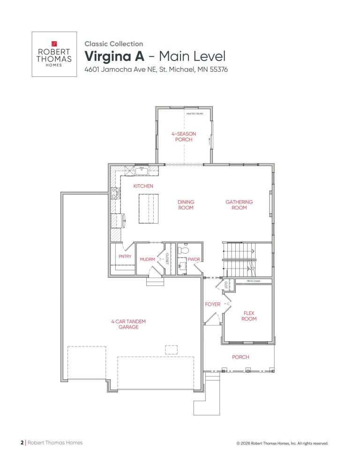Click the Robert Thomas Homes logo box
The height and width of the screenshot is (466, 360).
coord(54,54)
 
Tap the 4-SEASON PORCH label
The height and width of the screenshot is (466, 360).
coord(183,136)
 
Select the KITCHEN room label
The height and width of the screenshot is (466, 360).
coord(143,186)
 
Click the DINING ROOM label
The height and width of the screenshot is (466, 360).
coord(186,205)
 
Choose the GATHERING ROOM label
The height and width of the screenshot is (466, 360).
coord(239,205)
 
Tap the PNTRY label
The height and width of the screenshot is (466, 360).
coord(125,256)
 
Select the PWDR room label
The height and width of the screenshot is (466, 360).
coord(194,259)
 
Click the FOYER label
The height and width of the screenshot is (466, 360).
coord(212,304)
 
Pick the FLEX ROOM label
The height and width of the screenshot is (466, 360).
coord(249,316)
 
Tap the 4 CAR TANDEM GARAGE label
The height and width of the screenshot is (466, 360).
coord(128,324)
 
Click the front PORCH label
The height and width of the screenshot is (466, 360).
coord(240,357)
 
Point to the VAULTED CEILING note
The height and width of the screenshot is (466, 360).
coord(194,113)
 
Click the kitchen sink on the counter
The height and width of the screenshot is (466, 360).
coord(141,171)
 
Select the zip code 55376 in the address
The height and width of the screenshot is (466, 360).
coord(217,69)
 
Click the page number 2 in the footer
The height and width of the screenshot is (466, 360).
coord(22,442)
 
